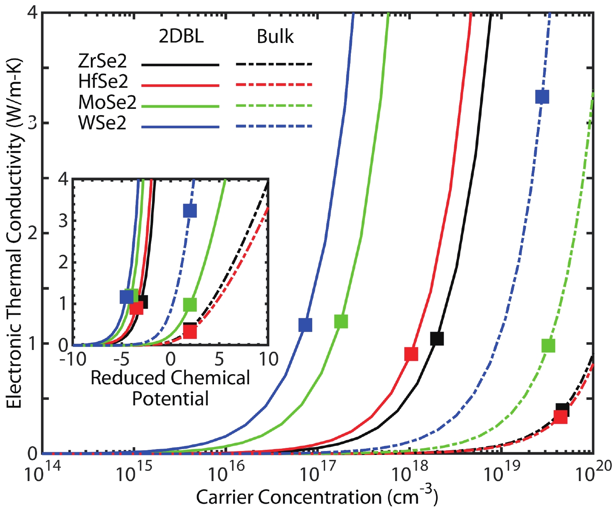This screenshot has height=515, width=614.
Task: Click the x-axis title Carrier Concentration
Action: [317, 497]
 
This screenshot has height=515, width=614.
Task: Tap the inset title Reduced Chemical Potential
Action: [170, 388]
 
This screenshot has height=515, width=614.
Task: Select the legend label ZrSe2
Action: [103, 61]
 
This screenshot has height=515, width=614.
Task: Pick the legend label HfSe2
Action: [103, 82]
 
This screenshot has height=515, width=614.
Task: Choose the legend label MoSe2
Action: [107, 102]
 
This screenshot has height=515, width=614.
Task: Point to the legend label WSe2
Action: [102, 123]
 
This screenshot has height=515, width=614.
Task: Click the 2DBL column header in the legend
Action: [181, 36]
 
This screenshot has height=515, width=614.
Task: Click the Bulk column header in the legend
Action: [275, 36]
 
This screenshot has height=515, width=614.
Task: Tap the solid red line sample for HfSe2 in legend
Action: [180, 85]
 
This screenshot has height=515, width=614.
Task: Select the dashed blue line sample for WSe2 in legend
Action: [274, 126]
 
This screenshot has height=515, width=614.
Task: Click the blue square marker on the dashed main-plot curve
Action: [542, 96]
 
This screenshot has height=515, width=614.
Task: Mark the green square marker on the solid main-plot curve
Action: [341, 321]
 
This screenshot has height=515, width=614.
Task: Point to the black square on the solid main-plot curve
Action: [437, 339]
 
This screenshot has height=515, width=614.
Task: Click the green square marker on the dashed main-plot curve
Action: [548, 346]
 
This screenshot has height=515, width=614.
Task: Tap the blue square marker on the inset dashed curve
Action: [190, 211]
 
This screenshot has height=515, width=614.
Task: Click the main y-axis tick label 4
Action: [32, 13]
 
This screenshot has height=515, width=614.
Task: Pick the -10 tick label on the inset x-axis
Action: [73, 359]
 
